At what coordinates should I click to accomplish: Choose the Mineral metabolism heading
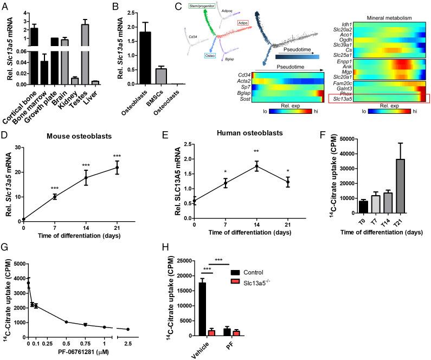[x=389, y=17]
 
